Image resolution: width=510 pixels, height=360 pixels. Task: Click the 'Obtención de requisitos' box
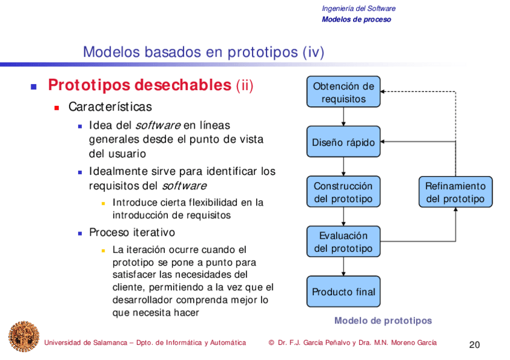343,92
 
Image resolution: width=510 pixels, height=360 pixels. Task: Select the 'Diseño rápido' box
343,142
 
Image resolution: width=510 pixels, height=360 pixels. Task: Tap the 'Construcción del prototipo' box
343,192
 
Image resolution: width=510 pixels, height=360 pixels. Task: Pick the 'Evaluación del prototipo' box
343,242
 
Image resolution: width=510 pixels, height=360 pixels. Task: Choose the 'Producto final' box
343,291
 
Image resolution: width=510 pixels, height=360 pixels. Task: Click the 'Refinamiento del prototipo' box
455,192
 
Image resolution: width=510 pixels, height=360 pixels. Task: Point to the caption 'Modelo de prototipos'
383,320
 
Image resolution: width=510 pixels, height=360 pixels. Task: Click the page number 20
475,345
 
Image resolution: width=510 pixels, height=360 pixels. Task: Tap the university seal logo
23,337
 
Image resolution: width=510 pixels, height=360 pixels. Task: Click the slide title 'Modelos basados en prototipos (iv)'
203,52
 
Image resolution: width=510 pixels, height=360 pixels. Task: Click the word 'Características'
110,107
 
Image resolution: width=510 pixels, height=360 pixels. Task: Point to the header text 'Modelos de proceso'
356,19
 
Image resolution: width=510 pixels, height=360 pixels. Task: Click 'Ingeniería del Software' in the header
358,8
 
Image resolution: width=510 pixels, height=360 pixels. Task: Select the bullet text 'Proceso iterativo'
132,233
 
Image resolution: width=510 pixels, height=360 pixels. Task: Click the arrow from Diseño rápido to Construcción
343,166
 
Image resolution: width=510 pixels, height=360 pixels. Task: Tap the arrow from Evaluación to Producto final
343,266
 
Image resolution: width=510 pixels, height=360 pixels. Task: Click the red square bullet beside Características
57,108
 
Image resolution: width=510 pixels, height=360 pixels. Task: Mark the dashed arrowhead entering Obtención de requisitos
384,91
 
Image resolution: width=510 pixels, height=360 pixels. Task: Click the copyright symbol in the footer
272,343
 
